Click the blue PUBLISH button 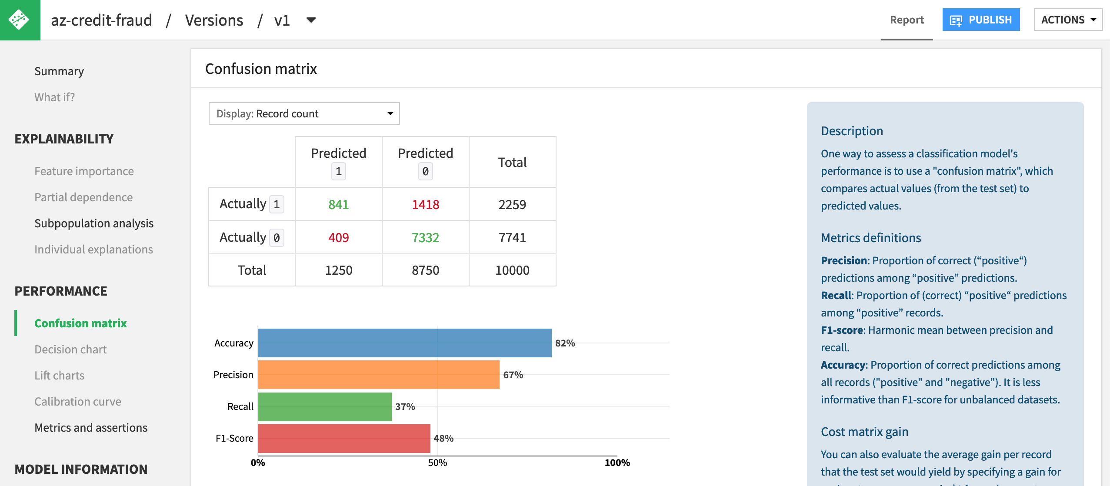tap(980, 20)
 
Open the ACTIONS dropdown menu tap(1068, 20)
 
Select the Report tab tap(907, 20)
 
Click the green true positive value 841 tap(338, 204)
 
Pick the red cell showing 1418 tap(425, 204)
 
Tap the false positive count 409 tap(338, 237)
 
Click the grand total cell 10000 tap(512, 270)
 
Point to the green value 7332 tap(425, 237)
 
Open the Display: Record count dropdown tap(304, 113)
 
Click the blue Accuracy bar tap(404, 343)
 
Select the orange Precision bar tap(378, 375)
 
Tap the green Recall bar tap(324, 406)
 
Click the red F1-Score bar tap(343, 438)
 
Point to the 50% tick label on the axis tap(437, 463)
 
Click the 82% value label tap(565, 343)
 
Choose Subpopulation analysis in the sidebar tap(94, 223)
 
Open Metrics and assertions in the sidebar tap(91, 428)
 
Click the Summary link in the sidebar tap(59, 71)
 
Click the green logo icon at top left tap(20, 20)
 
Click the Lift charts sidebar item tap(60, 376)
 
